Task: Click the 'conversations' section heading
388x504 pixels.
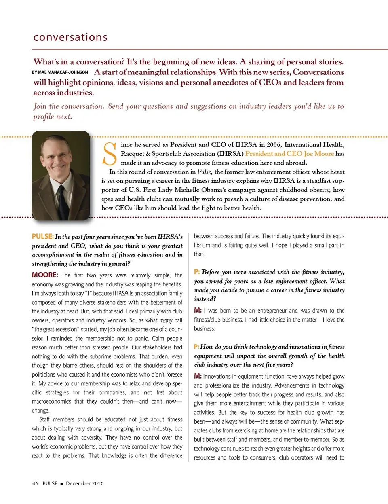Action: coord(70,37)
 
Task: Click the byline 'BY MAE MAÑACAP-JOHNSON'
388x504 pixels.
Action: coord(60,72)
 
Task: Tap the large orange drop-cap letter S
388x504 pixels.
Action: coord(110,154)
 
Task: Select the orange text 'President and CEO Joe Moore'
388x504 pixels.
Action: coord(289,154)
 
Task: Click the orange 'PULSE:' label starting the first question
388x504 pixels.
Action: coord(43,236)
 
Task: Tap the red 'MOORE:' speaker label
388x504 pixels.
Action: coord(45,275)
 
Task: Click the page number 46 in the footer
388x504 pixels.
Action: coord(35,483)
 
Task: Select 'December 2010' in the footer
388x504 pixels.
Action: coord(85,483)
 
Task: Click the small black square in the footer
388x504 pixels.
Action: coord(61,484)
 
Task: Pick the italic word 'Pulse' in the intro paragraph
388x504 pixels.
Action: coord(205,172)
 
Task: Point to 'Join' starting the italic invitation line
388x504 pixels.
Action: coord(40,106)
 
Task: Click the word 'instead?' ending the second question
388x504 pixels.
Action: coord(205,299)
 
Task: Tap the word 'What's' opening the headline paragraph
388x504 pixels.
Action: coord(46,62)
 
